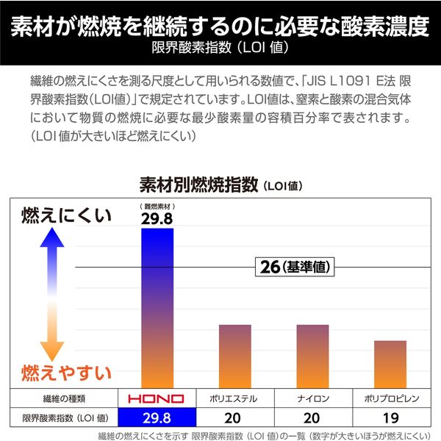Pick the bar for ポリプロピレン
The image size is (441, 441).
pos(390,363)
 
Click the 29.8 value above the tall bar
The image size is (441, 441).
pos(157,218)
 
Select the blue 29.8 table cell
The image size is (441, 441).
pos(157,417)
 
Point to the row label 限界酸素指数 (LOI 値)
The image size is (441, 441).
pos(60,417)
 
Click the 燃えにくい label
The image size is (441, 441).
pos(66,215)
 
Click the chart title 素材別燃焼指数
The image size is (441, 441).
pos(198,184)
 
